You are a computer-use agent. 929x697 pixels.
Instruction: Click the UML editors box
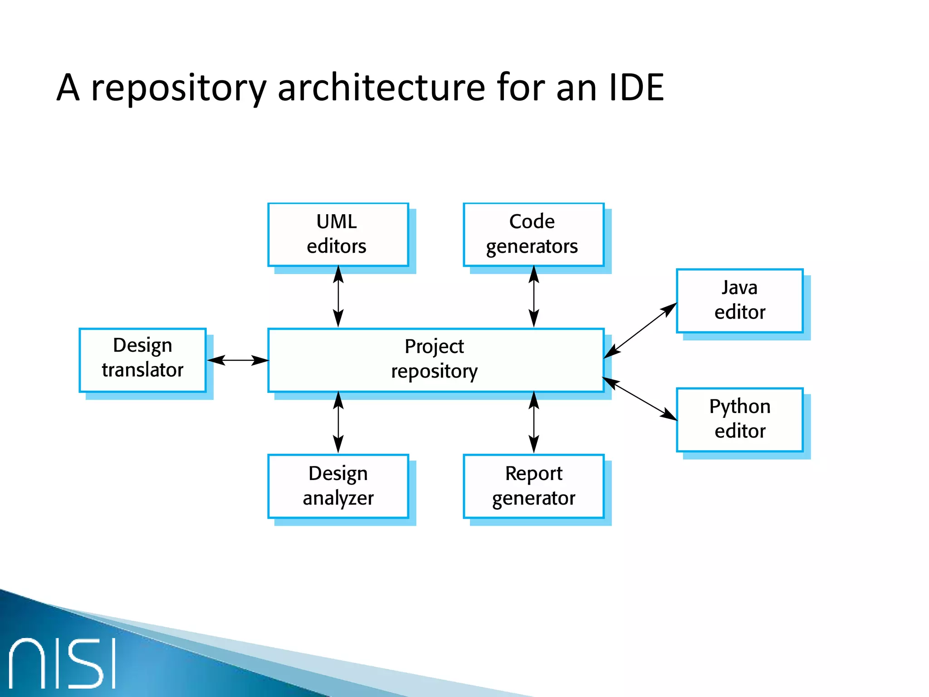click(x=338, y=235)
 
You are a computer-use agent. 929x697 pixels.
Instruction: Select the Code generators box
click(x=533, y=235)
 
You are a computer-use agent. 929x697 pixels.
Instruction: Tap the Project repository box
click(x=435, y=360)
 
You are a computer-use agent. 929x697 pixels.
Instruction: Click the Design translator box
click(x=142, y=360)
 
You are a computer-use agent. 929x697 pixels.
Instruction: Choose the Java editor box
click(x=739, y=300)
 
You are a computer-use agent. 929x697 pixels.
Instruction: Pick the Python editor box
click(x=739, y=419)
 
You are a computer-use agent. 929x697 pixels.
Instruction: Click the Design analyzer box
click(x=338, y=486)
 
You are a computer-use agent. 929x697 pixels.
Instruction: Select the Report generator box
click(x=533, y=486)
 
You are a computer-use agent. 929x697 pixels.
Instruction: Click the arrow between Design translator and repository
click(x=238, y=360)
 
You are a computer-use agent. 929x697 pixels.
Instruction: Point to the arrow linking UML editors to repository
click(x=338, y=297)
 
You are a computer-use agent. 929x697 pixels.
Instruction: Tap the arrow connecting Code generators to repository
click(x=534, y=297)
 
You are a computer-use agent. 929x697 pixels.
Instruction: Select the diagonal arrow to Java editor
click(x=640, y=330)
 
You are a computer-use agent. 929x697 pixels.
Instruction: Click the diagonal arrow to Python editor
click(x=640, y=399)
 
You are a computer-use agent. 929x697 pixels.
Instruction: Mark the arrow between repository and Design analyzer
click(x=338, y=422)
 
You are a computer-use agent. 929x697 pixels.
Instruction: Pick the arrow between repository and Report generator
click(x=534, y=422)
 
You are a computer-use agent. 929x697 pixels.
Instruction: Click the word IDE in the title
click(x=636, y=87)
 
